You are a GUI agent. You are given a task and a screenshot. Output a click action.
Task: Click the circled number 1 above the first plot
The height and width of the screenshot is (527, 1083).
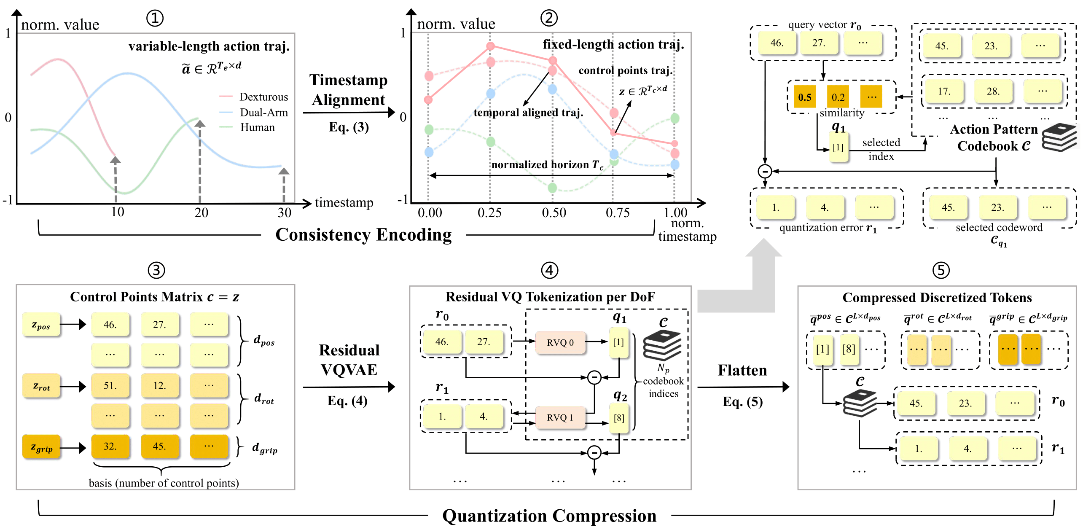155,18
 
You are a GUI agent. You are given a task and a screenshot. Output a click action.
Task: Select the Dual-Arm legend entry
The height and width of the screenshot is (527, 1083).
263,112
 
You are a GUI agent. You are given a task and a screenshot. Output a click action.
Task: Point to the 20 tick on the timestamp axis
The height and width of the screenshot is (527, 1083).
201,212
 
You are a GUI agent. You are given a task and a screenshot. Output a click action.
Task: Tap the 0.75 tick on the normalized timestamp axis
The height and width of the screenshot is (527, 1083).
618,212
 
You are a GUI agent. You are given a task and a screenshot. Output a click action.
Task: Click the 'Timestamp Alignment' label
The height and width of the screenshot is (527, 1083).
348,90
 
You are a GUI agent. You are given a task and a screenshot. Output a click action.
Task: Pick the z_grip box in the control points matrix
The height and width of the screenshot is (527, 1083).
41,447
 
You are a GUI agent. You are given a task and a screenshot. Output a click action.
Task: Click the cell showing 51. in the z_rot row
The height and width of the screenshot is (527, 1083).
110,386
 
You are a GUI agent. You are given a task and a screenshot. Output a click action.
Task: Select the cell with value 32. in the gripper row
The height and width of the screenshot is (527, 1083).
110,446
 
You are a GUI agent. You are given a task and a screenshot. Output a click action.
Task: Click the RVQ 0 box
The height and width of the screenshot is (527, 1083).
560,342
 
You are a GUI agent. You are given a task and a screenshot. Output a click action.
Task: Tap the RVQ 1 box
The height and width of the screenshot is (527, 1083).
560,417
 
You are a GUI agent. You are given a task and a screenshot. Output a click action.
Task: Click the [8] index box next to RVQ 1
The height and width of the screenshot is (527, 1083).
619,418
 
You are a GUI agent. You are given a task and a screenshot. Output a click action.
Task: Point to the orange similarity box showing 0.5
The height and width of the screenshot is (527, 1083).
804,97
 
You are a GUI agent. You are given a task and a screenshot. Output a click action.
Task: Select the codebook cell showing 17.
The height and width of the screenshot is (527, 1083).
944,91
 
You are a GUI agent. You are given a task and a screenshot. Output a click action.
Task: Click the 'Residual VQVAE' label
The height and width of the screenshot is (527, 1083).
349,360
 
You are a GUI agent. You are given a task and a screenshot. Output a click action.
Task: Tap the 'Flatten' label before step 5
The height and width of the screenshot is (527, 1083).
742,370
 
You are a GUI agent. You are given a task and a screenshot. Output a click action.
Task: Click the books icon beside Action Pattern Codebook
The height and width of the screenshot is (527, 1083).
1059,137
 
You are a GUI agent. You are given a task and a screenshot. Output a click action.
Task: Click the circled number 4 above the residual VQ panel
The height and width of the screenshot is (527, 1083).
549,270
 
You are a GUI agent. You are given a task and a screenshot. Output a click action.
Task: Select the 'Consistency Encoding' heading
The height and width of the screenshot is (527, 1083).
363,235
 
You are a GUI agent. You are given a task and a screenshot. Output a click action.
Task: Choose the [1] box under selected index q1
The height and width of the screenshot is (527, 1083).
838,147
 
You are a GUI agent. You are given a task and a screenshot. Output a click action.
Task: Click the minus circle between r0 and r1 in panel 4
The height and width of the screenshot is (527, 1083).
594,377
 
